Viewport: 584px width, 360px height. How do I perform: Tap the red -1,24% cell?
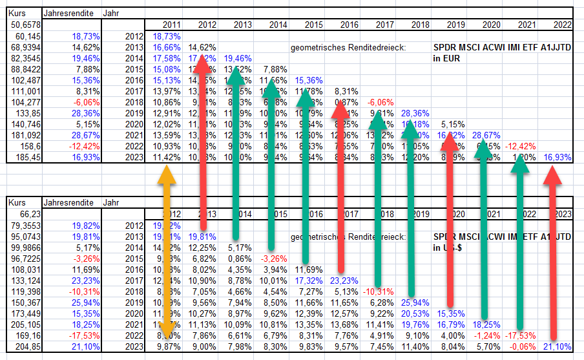486,335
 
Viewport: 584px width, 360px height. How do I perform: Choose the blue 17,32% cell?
310,281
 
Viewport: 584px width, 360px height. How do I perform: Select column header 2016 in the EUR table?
349,25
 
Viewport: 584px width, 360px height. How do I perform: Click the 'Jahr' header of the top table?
110,12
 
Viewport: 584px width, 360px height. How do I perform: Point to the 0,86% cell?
239,259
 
